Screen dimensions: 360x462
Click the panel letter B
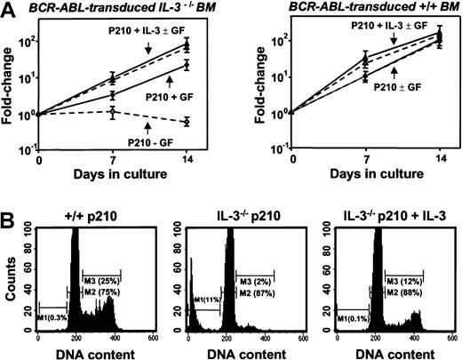point(8,192)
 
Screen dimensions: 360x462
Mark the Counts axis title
point(11,271)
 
